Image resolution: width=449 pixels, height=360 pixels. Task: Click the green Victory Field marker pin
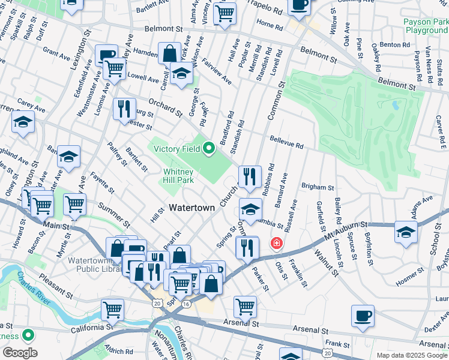click(x=209, y=148)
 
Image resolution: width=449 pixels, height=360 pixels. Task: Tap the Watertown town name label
click(x=191, y=208)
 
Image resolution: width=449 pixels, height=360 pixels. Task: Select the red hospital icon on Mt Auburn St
click(x=276, y=244)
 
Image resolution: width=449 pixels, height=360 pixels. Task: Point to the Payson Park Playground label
click(x=426, y=26)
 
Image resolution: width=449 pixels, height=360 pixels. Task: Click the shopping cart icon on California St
click(x=112, y=310)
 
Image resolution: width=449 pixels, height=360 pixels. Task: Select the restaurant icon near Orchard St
click(x=124, y=109)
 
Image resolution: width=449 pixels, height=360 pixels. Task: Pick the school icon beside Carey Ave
click(x=23, y=122)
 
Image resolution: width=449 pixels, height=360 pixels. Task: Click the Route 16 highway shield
click(x=187, y=305)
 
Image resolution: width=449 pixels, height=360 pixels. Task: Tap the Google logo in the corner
click(x=19, y=353)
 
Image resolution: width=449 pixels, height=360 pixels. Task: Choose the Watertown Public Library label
click(x=95, y=265)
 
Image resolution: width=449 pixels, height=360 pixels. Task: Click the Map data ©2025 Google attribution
click(x=411, y=355)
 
